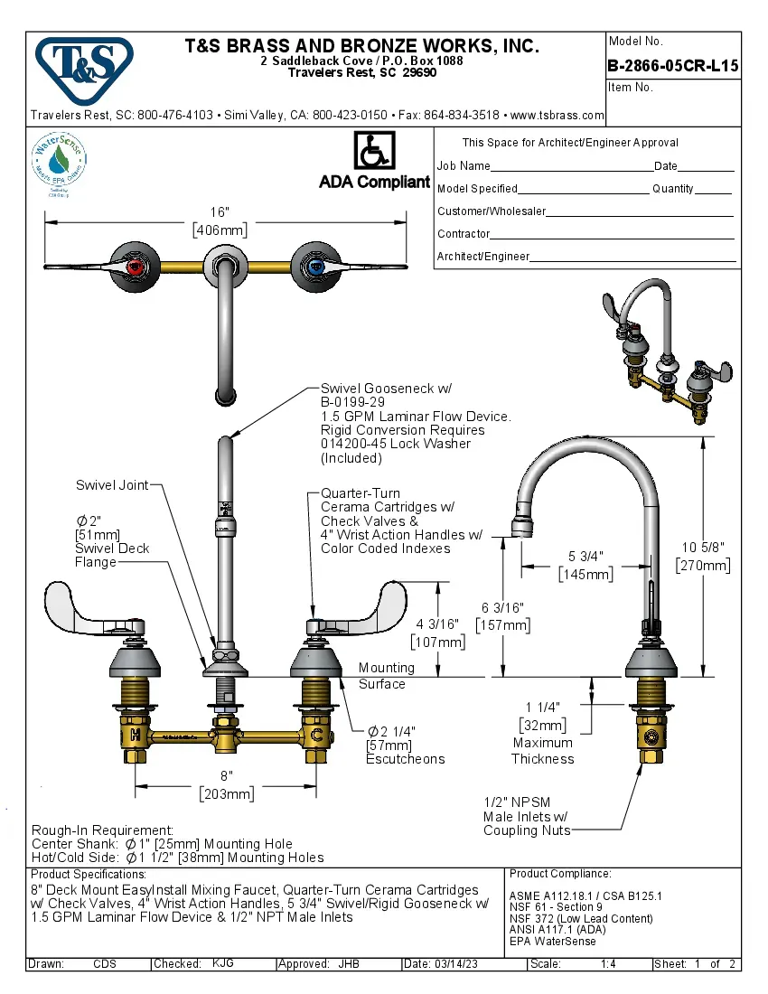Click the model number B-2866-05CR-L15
coord(673,65)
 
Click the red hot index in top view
coord(136,266)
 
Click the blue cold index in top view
coord(314,266)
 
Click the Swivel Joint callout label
coord(111,485)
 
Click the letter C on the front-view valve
coord(316,735)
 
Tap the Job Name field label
coord(464,166)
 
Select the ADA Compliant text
coord(374,182)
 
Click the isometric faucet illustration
coord(667,352)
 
